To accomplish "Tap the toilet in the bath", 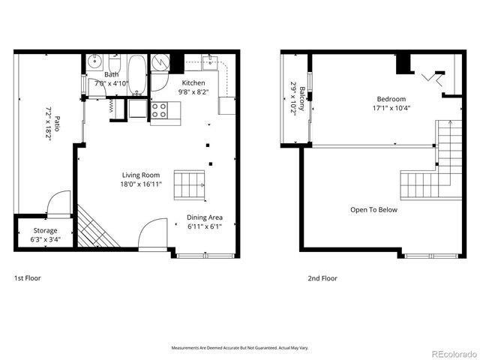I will click(x=115, y=64).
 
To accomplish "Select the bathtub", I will click(x=136, y=74).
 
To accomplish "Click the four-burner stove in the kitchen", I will click(x=160, y=111).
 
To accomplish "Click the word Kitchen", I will click(x=193, y=82).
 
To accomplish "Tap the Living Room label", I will click(x=140, y=175).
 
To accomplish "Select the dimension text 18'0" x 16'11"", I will click(x=140, y=185).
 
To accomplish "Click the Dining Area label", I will click(x=204, y=218).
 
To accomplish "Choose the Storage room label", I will click(x=44, y=231).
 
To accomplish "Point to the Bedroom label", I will click(x=391, y=99).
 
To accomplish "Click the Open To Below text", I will click(x=373, y=210).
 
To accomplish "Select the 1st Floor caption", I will click(x=28, y=278).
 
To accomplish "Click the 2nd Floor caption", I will click(x=322, y=278).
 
